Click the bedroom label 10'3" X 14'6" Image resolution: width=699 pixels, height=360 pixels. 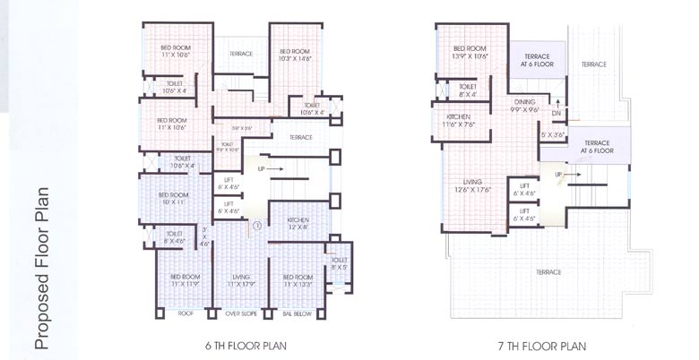tap(295, 56)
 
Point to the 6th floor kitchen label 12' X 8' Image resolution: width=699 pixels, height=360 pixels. tap(298, 224)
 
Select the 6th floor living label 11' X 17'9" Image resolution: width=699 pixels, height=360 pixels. tap(239, 282)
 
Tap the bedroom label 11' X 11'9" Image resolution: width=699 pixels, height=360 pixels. tap(183, 282)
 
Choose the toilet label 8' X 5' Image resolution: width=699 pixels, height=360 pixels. tap(340, 264)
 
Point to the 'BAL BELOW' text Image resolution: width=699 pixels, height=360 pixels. tap(296, 315)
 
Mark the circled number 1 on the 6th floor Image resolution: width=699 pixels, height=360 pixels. tap(256, 226)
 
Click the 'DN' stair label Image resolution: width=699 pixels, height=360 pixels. tap(556, 114)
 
